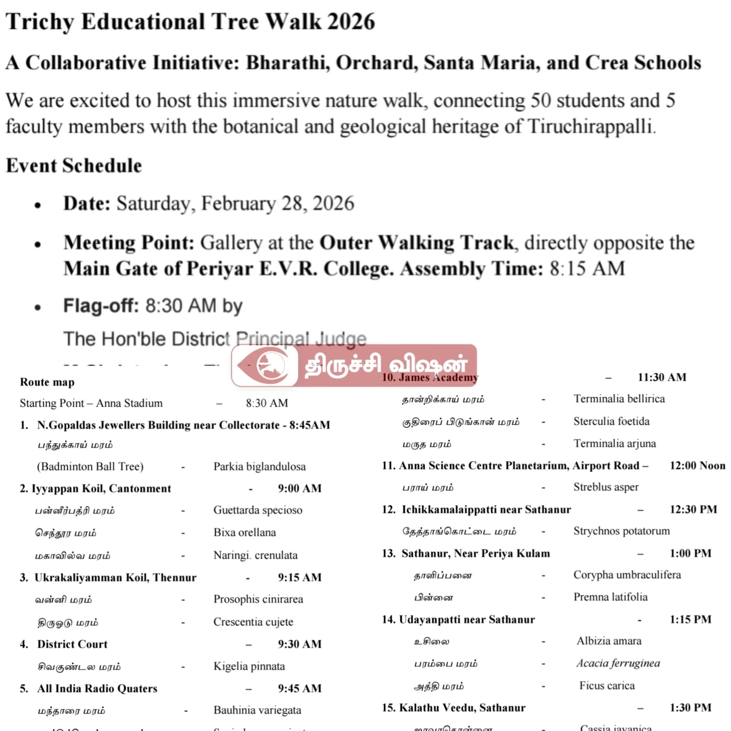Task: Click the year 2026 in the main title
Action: coord(351,22)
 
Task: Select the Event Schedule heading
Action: coord(74,166)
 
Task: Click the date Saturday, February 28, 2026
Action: coord(235,203)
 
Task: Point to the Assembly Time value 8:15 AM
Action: coord(587,269)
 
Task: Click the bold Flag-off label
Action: coord(101,306)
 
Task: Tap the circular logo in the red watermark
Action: coord(271,366)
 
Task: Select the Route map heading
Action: coord(47,382)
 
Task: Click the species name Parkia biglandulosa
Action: coord(259,466)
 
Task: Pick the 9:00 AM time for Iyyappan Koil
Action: coord(300,488)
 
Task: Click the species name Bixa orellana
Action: coord(244,532)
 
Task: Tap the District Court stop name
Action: coord(72,644)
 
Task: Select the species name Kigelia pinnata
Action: coord(249,666)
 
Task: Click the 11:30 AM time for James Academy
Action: coord(662,377)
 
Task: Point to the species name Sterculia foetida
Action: coord(611,421)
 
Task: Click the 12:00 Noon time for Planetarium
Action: coord(697,466)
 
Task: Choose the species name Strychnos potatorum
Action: coord(621,531)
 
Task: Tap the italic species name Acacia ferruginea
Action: coord(618,663)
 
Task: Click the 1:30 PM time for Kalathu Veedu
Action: coord(690,707)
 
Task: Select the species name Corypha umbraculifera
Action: coord(627,575)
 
